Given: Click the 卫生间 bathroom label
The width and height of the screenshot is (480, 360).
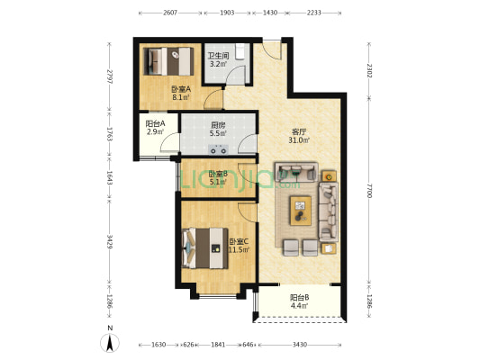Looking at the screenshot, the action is click(x=218, y=56).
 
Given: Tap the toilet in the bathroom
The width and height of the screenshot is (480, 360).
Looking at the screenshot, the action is click(x=240, y=51).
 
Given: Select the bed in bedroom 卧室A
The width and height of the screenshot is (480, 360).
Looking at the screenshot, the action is click(x=168, y=61).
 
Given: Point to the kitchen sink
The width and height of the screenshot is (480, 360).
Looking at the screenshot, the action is click(x=218, y=149).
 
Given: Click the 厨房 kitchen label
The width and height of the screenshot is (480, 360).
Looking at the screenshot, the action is click(x=218, y=125).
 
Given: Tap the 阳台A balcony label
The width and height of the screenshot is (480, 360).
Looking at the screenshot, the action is click(x=155, y=123).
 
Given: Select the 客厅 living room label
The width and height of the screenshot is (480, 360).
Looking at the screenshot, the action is click(x=299, y=132).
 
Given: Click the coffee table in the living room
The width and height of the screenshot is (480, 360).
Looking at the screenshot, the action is click(x=301, y=211).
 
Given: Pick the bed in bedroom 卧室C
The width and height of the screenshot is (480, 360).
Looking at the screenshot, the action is click(x=205, y=248).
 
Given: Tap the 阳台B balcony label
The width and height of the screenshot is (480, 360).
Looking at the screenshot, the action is click(x=299, y=297).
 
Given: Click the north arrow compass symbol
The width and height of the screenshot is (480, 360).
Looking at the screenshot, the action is click(x=110, y=342).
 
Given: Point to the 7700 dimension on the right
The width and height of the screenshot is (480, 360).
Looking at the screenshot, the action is click(x=369, y=191).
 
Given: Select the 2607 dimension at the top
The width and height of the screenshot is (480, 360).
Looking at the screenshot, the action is click(x=170, y=13).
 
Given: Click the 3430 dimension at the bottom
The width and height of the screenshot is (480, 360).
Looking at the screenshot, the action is click(x=300, y=345).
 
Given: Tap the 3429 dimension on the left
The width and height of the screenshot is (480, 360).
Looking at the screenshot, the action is click(x=110, y=241).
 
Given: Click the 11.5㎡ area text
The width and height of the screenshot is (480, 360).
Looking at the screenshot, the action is click(x=239, y=249).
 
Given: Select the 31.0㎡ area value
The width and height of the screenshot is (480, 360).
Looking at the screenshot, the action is click(x=299, y=140).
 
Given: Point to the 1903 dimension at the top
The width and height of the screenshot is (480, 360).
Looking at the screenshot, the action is click(x=227, y=13).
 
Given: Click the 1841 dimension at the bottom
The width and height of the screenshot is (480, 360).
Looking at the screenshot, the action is click(x=218, y=345).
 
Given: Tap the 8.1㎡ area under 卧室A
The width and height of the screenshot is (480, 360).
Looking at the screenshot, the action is click(x=181, y=98).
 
